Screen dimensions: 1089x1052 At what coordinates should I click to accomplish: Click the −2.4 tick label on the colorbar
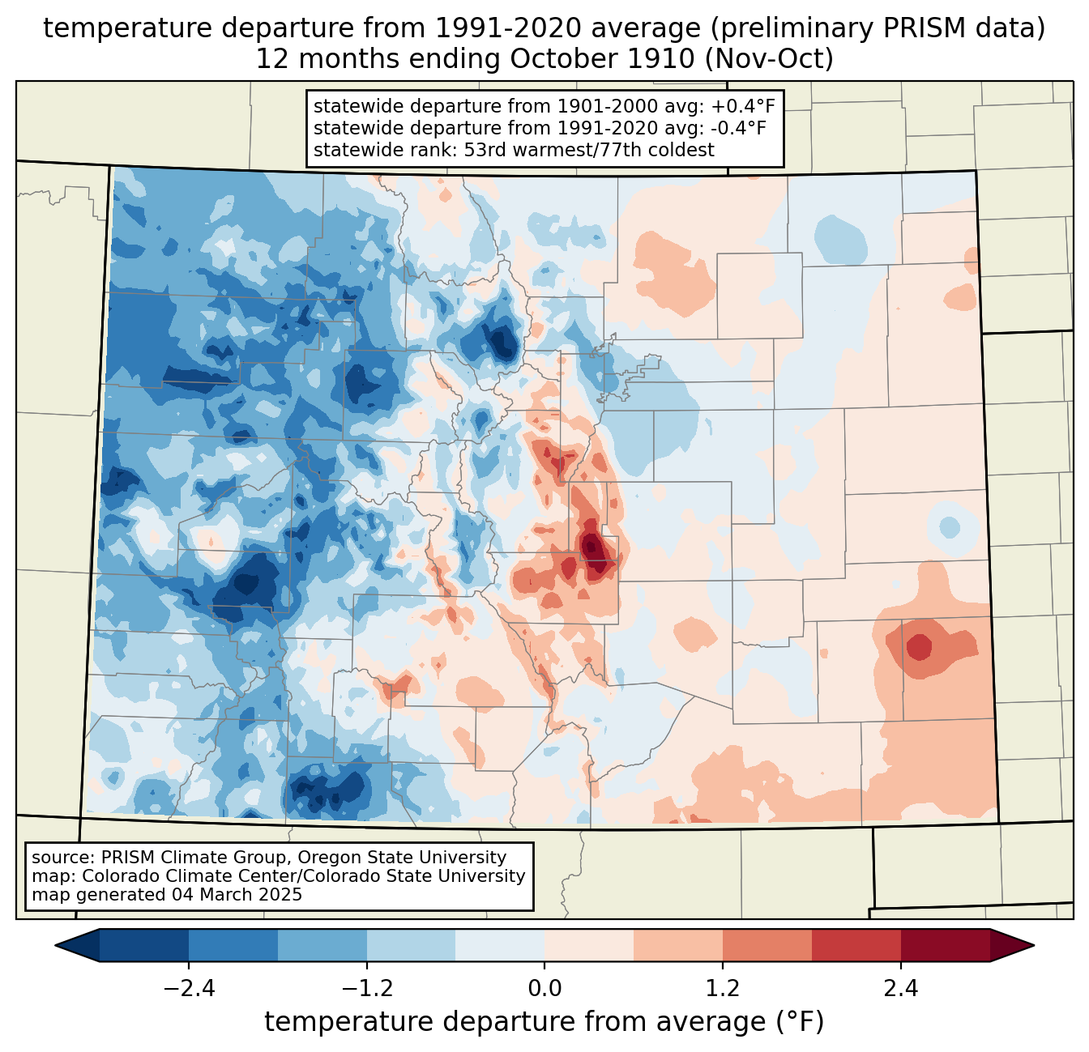[x=189, y=989]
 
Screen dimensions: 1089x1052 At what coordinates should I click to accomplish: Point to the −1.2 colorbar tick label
[x=367, y=989]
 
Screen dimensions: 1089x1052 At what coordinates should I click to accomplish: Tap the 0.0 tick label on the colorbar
[x=544, y=989]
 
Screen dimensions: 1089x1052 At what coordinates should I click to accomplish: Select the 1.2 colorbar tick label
[x=723, y=989]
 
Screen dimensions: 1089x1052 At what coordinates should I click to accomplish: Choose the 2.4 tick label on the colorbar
[x=900, y=989]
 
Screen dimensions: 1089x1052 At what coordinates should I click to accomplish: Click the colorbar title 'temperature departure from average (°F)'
[x=544, y=1022]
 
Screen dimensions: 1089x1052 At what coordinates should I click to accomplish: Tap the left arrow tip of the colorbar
[x=55, y=946]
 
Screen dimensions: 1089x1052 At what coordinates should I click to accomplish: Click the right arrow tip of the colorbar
[x=1034, y=946]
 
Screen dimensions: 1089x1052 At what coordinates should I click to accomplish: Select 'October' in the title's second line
[x=563, y=59]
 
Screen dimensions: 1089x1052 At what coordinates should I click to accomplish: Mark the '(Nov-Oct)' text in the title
[x=769, y=59]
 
